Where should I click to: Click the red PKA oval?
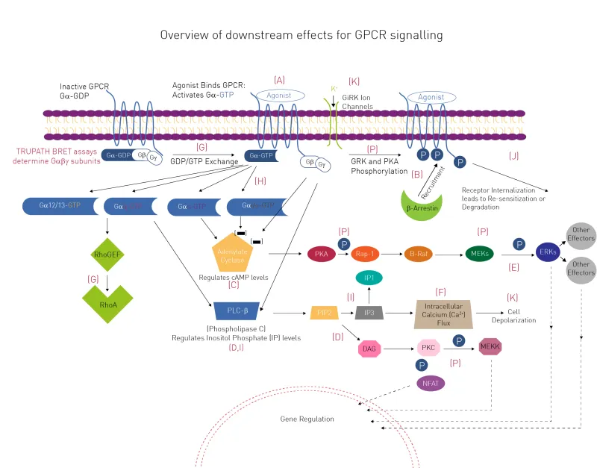click(322, 254)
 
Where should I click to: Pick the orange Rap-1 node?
click(366, 254)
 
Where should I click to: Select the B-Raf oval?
click(419, 254)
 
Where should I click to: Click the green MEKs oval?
click(479, 254)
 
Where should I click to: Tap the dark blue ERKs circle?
click(548, 254)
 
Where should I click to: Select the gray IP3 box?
click(369, 312)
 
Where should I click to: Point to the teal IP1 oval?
click(369, 278)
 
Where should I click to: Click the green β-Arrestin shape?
click(422, 206)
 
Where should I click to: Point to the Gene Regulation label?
click(307, 419)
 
